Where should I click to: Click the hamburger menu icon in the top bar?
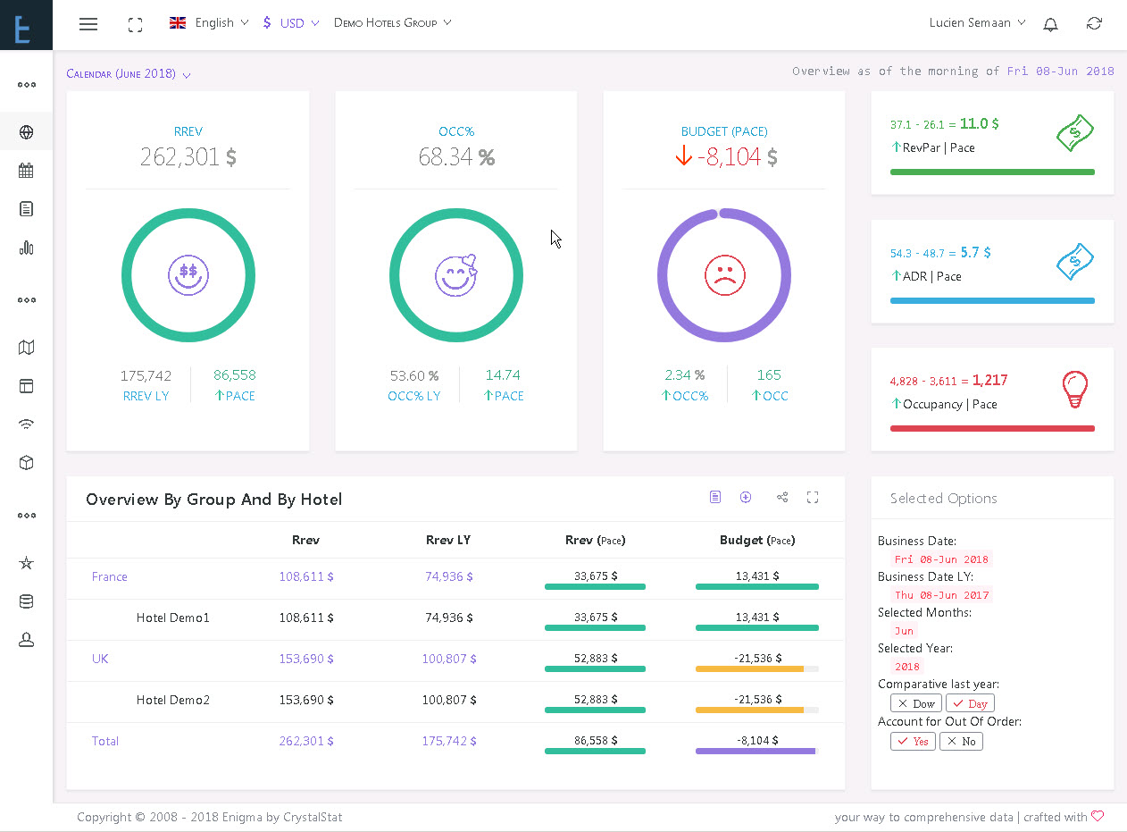coord(88,23)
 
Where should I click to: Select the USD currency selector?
coord(291,22)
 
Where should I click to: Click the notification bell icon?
coord(1050,24)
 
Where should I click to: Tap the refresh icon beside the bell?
coord(1094,23)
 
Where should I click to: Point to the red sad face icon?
coord(724,275)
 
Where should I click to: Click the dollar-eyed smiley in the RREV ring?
coord(188,275)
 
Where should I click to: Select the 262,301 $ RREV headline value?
coord(188,156)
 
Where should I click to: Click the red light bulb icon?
coord(1075,389)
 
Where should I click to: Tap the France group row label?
coord(109,576)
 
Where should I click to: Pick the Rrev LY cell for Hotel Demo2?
coord(449,700)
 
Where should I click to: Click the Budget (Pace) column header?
coord(757,540)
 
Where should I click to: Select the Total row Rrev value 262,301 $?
coord(306,741)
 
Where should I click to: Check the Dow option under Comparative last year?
coord(915,703)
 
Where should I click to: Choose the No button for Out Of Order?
coord(961,741)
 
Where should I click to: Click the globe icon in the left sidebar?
coord(26,132)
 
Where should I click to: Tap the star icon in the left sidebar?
coord(26,563)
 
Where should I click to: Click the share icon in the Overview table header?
coord(782,498)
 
